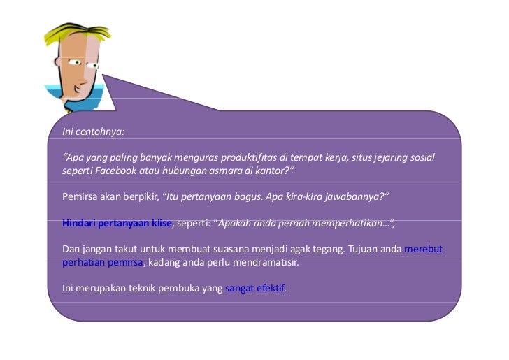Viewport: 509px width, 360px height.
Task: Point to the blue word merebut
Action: (424, 250)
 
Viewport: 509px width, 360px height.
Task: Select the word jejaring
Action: (385, 157)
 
